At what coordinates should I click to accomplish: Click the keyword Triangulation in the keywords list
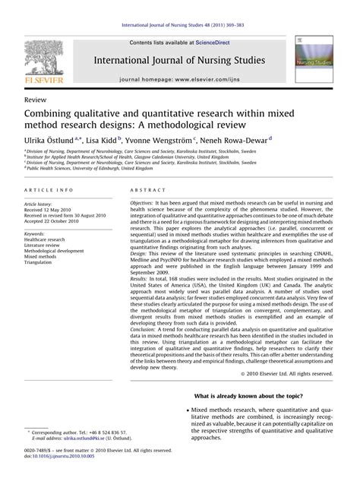pos(41,242)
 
